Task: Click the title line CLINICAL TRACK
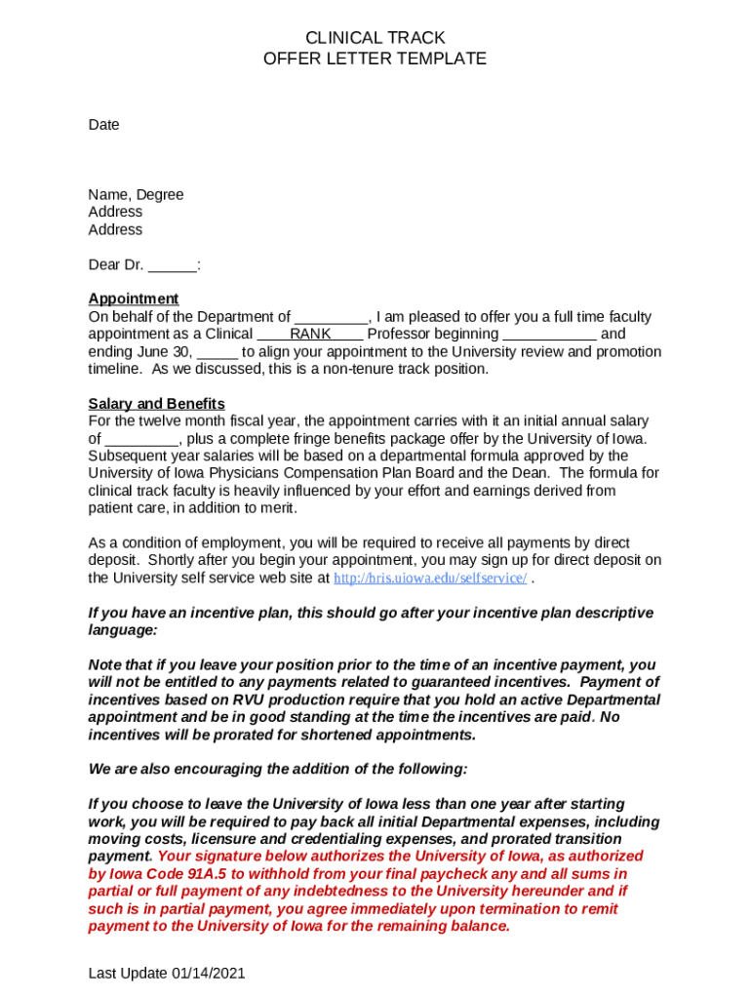375,38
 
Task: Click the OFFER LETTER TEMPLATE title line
375,59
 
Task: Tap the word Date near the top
103,125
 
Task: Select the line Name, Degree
136,195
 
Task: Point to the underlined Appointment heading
134,299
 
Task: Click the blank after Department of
331,318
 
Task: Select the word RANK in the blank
310,335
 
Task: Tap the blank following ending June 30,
217,353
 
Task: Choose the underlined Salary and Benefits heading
156,404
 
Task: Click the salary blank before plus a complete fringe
140,440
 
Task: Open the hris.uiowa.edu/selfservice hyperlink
430,579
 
